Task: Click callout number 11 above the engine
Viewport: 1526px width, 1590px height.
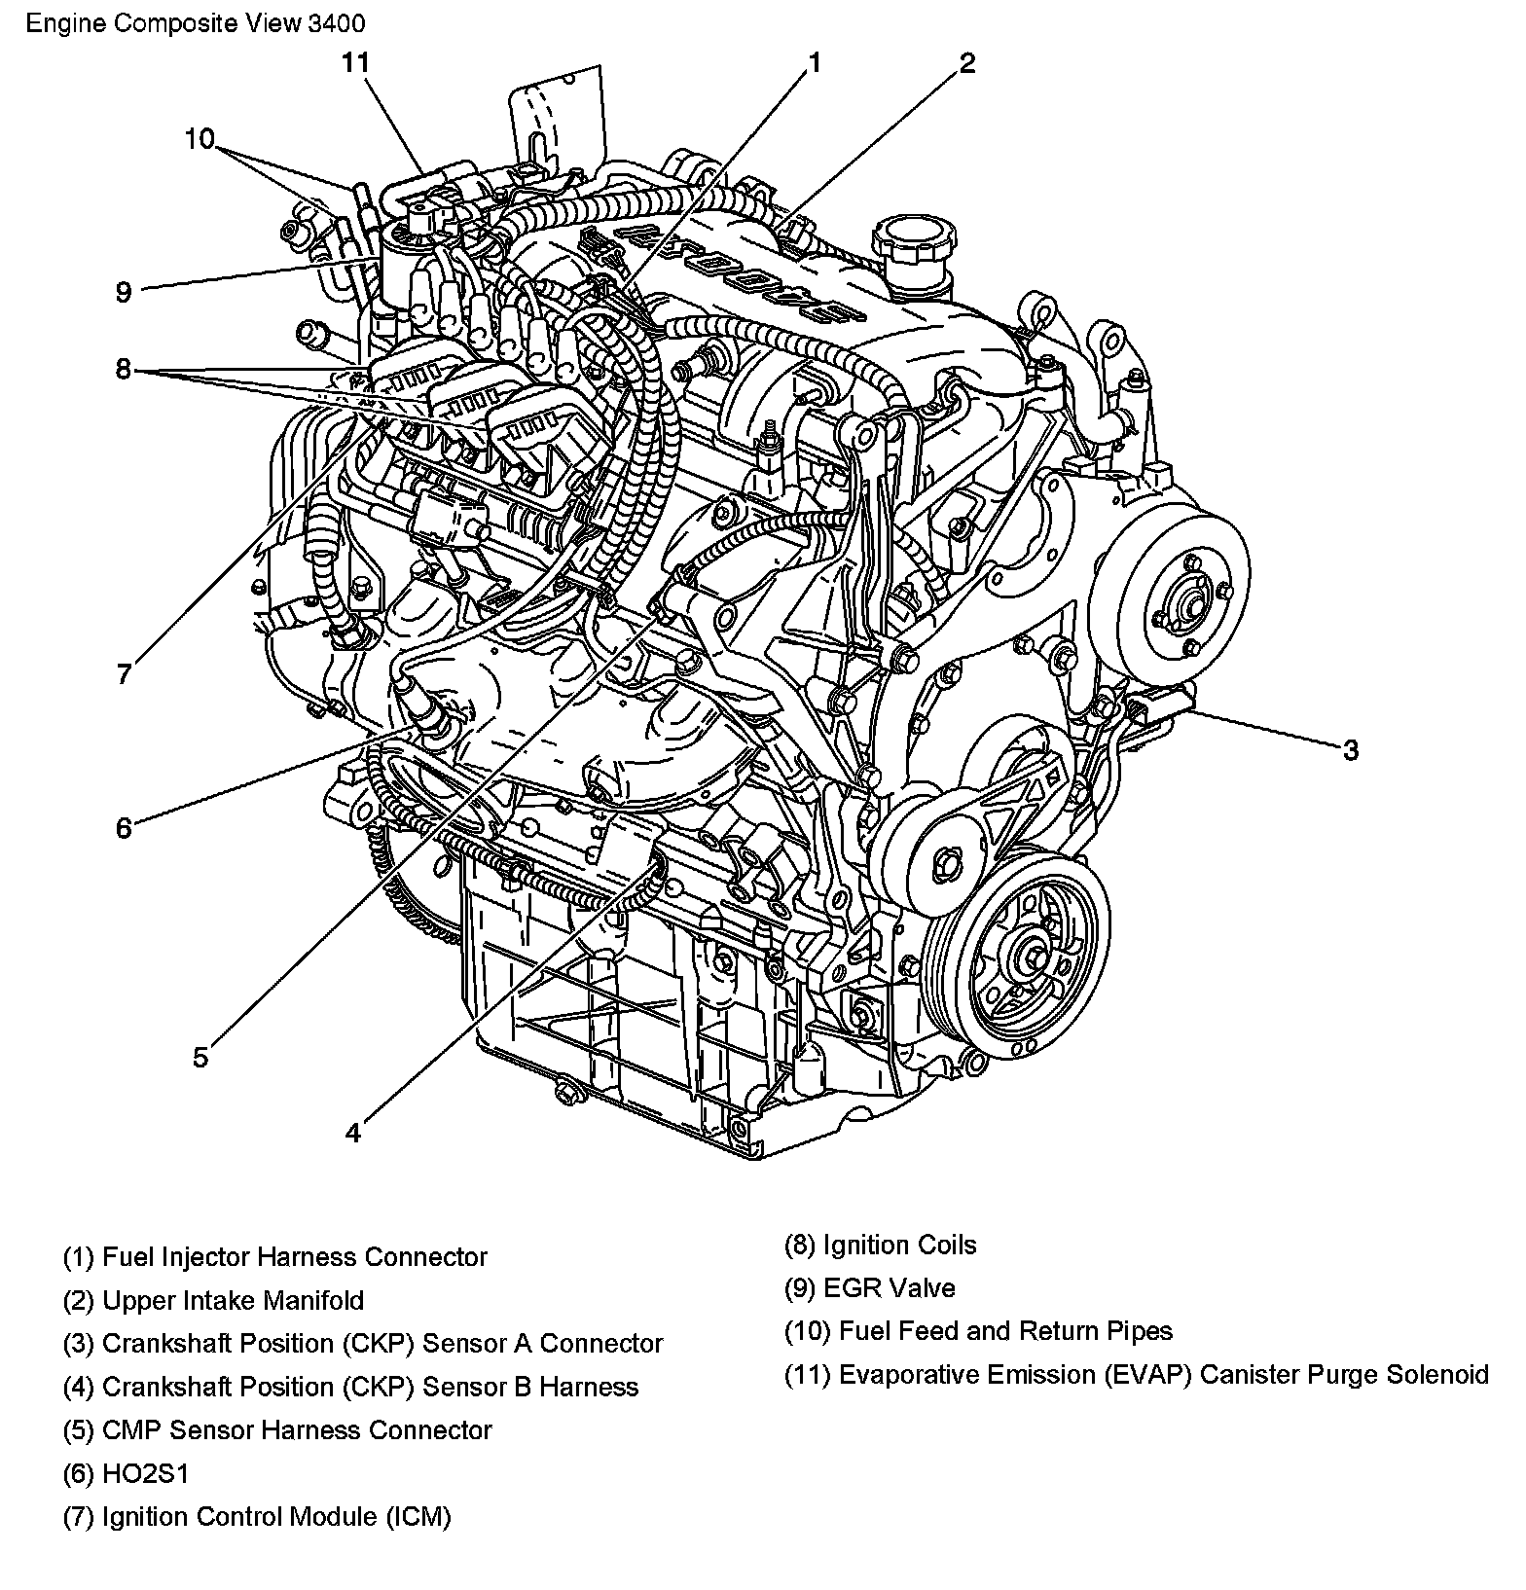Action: pyautogui.click(x=355, y=63)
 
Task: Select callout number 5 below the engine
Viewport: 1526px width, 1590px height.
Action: pyautogui.click(x=200, y=1057)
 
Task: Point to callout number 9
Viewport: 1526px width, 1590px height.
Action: pyautogui.click(x=123, y=292)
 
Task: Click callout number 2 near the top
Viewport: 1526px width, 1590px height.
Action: pyautogui.click(x=966, y=63)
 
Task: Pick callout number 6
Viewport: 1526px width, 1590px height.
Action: pyautogui.click(x=124, y=828)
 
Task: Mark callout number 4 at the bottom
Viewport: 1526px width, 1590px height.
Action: pyautogui.click(x=352, y=1133)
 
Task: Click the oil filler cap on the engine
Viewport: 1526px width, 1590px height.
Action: pyautogui.click(x=909, y=241)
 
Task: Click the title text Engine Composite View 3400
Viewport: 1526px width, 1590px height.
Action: pyautogui.click(x=196, y=22)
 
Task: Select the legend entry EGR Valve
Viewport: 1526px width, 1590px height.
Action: pyautogui.click(x=870, y=1288)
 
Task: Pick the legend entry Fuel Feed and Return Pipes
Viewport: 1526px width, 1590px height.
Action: pyautogui.click(x=978, y=1331)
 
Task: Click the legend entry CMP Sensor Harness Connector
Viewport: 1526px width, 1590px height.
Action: pyautogui.click(x=277, y=1430)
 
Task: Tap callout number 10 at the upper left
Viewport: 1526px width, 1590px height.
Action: pyautogui.click(x=200, y=139)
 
